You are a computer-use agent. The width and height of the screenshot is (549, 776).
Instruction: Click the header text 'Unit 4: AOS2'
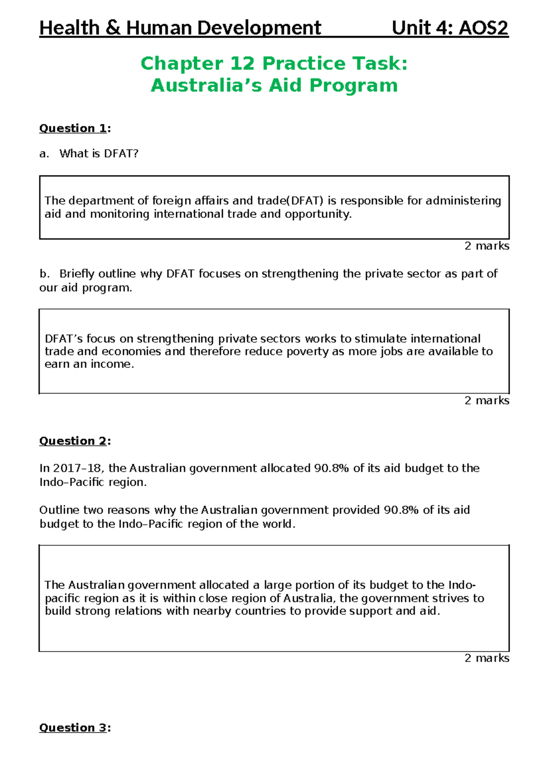click(x=450, y=28)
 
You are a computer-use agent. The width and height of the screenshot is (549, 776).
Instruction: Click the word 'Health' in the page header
click(x=69, y=28)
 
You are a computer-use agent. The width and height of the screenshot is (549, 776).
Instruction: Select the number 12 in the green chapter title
click(x=242, y=63)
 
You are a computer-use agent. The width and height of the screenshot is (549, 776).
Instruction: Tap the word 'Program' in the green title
click(x=353, y=85)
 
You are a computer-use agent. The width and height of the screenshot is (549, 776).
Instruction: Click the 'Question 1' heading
click(x=73, y=128)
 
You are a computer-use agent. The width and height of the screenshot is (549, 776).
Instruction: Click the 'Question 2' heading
click(x=73, y=441)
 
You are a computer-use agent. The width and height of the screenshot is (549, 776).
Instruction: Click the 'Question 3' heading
click(x=73, y=727)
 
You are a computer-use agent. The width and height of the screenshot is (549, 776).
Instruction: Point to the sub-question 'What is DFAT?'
click(x=98, y=154)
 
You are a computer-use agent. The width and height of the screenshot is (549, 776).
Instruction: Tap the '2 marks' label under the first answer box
click(x=486, y=246)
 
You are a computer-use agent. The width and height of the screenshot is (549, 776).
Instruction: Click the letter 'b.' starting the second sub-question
click(x=44, y=274)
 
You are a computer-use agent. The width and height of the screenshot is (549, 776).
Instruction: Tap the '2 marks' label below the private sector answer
click(x=486, y=401)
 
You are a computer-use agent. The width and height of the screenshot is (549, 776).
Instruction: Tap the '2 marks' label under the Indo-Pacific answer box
click(x=486, y=658)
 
